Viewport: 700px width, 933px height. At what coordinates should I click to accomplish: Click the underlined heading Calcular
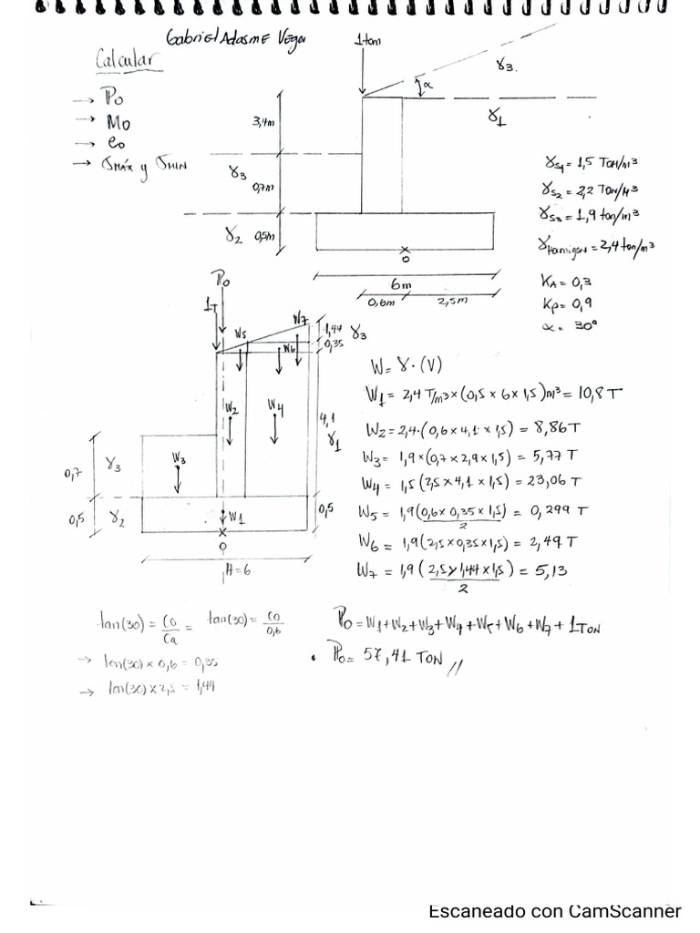point(128,60)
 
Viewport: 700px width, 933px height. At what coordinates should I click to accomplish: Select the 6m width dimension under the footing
point(401,284)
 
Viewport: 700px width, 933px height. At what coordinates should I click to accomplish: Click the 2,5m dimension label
point(453,302)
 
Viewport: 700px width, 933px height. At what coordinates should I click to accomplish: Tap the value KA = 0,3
point(568,282)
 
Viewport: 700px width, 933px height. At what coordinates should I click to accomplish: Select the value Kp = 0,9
point(567,303)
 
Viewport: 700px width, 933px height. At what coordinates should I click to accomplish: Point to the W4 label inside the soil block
point(276,407)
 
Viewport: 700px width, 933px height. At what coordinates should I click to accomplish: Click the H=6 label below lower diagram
point(237,572)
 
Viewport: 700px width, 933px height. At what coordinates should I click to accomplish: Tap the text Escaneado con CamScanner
point(554,911)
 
